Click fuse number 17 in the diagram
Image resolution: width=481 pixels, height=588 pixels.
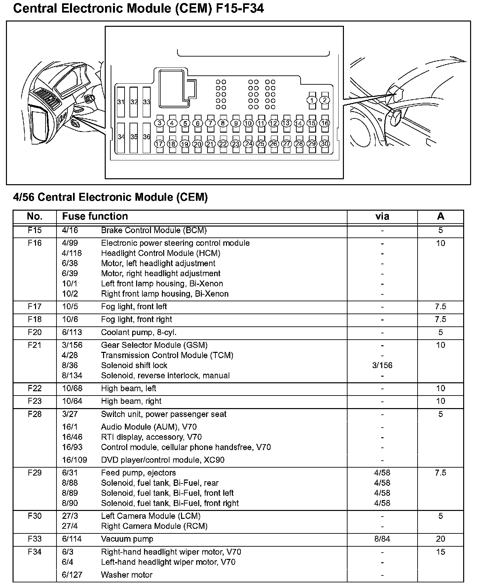tap(159, 144)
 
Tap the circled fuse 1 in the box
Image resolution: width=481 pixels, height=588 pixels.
tap(312, 100)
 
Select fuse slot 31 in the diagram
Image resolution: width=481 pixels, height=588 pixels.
tap(121, 102)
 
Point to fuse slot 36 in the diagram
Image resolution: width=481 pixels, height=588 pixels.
tap(147, 137)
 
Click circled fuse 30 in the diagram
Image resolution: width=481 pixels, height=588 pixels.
tap(325, 144)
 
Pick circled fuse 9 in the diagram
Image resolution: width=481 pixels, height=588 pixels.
tap(236, 123)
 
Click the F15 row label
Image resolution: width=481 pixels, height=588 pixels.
tap(35, 230)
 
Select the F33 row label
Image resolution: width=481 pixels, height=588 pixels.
tap(35, 539)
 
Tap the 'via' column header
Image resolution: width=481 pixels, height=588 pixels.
tap(382, 216)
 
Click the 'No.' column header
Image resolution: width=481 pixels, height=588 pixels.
tap(35, 216)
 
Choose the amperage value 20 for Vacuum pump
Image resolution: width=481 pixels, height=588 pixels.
tap(440, 539)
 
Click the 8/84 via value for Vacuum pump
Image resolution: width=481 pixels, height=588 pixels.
tap(382, 539)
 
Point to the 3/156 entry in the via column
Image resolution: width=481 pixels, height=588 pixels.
tap(382, 365)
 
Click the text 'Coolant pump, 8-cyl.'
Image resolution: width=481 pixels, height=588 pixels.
tap(137, 332)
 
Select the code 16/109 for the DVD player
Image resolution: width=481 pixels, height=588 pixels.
tap(74, 460)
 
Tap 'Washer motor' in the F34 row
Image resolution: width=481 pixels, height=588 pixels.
tap(127, 575)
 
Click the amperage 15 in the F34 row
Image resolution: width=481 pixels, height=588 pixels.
tap(440, 552)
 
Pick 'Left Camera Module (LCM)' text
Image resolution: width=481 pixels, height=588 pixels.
tap(151, 516)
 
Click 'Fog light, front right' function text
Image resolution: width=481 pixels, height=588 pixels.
tap(136, 319)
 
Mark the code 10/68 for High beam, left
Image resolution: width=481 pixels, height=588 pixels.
tap(72, 388)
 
